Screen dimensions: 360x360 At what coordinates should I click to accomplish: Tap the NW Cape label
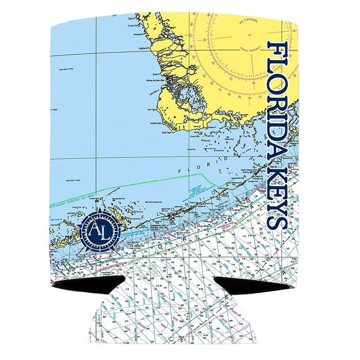click(x=152, y=109)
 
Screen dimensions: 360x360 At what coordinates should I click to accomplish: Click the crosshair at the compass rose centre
click(x=249, y=35)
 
